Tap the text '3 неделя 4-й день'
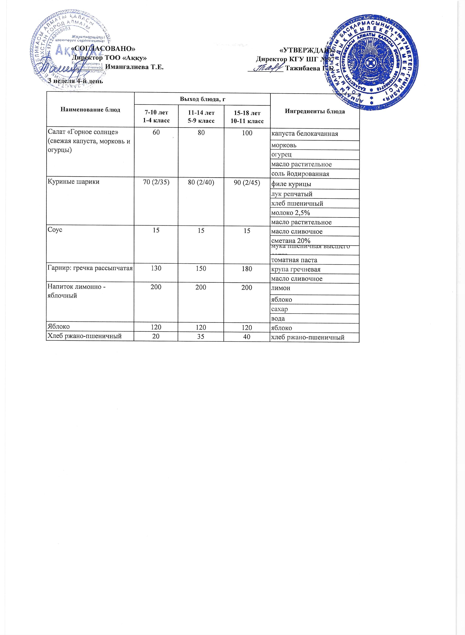click(x=75, y=81)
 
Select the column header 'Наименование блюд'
click(x=90, y=110)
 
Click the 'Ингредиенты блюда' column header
click(x=315, y=111)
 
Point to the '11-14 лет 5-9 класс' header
click(x=201, y=117)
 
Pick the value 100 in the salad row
click(x=247, y=133)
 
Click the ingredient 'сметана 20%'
click(x=290, y=241)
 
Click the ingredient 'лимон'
click(x=281, y=288)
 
